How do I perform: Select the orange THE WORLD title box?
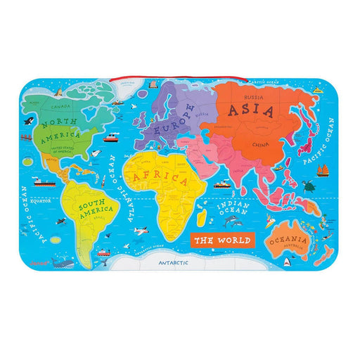point(223,240)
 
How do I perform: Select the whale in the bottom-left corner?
point(64,262)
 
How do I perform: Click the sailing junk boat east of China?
point(326,170)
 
